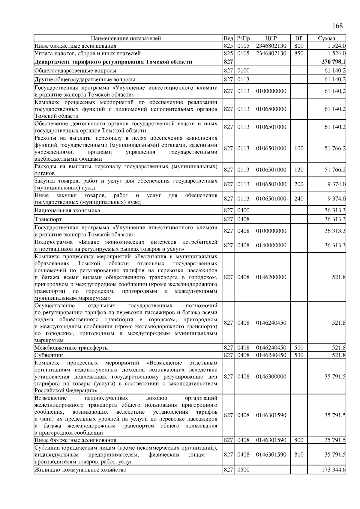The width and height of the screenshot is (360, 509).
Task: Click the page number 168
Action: point(337,26)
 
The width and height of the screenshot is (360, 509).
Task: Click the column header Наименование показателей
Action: point(126,38)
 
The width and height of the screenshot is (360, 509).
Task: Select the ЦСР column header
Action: point(271,38)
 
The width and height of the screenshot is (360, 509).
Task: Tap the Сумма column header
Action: point(327,38)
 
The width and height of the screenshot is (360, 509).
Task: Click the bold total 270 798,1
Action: point(333,62)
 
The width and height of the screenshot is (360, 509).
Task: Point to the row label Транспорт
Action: point(48,219)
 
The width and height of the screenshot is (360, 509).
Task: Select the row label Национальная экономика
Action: point(67,210)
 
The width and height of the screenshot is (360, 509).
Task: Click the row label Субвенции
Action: point(49,355)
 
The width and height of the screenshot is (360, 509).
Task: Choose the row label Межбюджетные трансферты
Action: point(71,348)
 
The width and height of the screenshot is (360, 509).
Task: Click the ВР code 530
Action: point(299,355)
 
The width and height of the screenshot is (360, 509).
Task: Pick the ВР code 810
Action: point(299,454)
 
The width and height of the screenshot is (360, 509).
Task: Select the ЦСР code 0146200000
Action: point(271,277)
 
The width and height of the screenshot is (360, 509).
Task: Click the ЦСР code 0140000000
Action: point(271,246)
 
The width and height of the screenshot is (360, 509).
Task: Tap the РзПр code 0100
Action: point(243,71)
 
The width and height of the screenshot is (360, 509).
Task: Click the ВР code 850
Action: point(299,53)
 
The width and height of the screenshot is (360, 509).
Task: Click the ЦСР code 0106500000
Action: point(271,109)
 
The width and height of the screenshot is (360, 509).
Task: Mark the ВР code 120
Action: point(299,170)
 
